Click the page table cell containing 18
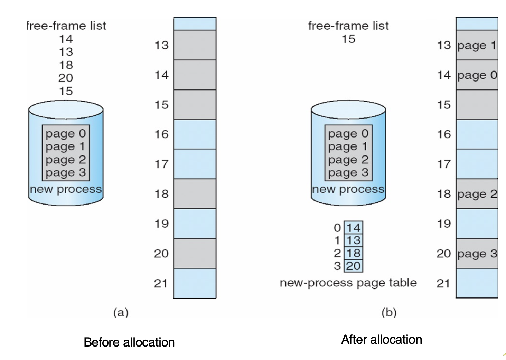click(354, 253)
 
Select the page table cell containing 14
click(354, 228)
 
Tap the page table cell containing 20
click(354, 266)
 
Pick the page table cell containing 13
click(354, 240)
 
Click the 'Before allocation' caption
click(129, 342)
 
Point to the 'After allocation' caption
click(382, 340)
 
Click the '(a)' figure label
click(121, 312)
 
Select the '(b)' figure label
click(389, 312)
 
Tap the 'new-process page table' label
click(348, 283)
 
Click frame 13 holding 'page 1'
click(477, 45)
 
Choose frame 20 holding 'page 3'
click(477, 254)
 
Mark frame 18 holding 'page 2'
click(477, 194)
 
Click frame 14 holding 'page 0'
click(477, 75)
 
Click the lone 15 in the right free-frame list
click(348, 39)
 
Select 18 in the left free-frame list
click(66, 65)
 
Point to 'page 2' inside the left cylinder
click(66, 160)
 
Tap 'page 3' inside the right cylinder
click(348, 172)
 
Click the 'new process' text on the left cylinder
click(66, 189)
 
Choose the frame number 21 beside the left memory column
click(161, 283)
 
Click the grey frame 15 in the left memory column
click(195, 105)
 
